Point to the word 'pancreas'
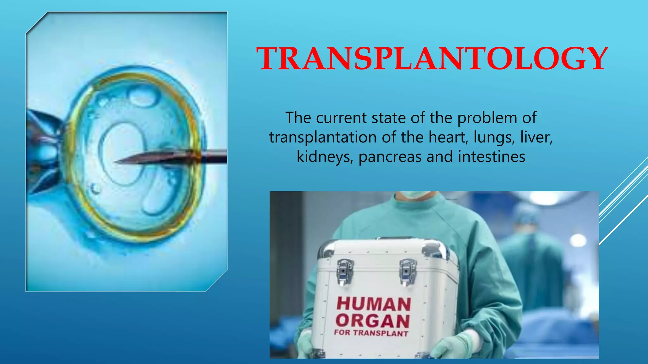tap(391, 157)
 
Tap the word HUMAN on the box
tap(374, 304)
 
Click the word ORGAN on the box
tap(373, 321)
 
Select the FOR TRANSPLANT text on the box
tap(371, 333)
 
